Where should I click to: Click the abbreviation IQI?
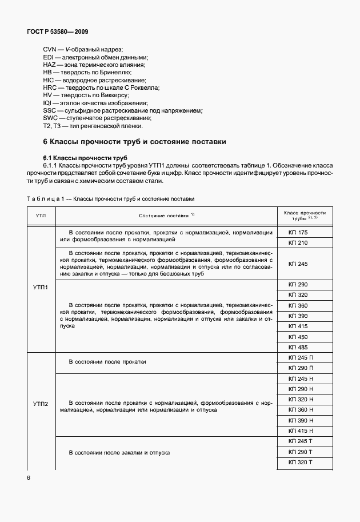click(47, 103)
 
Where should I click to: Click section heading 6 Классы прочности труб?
click(135, 141)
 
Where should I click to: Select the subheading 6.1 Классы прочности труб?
click(85, 157)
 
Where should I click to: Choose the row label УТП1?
click(41, 288)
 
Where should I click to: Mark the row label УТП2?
click(41, 405)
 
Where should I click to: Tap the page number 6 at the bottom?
click(29, 477)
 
